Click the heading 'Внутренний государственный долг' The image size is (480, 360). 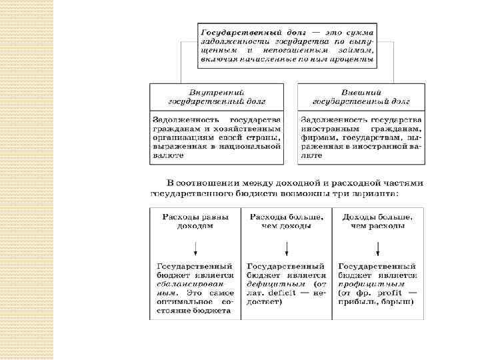click(x=217, y=96)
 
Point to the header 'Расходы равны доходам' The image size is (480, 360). click(x=195, y=221)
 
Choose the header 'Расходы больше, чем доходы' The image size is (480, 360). click(x=287, y=221)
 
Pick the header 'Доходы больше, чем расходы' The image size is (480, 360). click(x=378, y=221)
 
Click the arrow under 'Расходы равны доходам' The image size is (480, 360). click(x=195, y=248)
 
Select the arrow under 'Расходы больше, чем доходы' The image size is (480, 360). click(x=287, y=248)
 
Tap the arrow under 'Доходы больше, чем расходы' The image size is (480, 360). click(x=378, y=248)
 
